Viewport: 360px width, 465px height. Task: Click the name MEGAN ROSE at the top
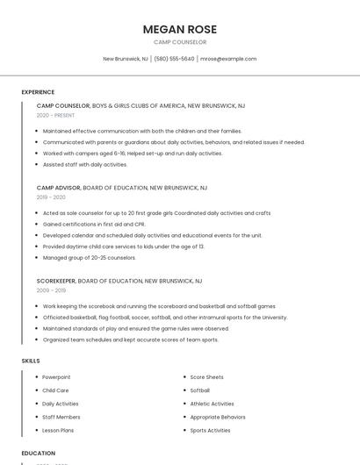point(180,29)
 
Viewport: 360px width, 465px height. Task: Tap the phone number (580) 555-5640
point(175,59)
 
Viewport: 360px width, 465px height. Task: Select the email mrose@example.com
point(228,59)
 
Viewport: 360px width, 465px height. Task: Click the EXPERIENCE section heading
point(38,92)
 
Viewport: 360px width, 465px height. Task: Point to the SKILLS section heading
point(31,361)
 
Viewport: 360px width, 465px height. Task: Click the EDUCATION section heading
point(39,454)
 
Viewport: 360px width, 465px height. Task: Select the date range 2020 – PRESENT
point(55,115)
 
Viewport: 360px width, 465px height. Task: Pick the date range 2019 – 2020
point(51,197)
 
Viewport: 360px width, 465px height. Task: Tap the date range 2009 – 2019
point(51,290)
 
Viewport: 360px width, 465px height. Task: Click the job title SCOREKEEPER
point(56,281)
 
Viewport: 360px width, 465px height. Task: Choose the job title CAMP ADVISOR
point(58,188)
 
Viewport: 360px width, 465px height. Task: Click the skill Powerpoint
point(56,377)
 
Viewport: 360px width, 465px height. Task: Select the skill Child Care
point(55,390)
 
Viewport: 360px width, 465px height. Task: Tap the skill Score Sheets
point(206,377)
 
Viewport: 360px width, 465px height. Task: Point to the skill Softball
point(200,390)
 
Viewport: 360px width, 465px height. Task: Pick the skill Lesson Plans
point(58,431)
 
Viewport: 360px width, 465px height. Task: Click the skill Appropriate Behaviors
point(218,417)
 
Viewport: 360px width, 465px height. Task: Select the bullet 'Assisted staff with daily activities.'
point(85,164)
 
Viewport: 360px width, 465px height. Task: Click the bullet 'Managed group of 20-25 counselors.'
point(90,257)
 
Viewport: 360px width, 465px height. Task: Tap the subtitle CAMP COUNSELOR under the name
point(180,42)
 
